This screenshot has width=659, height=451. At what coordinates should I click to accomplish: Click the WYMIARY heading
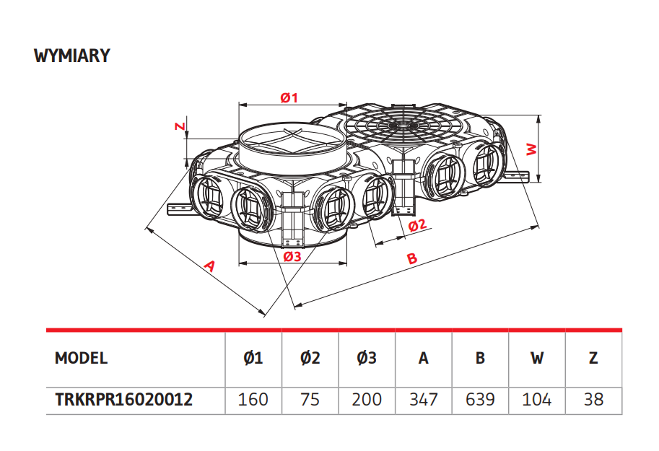coord(72,56)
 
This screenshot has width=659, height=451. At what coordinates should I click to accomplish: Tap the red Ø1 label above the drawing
coord(289,98)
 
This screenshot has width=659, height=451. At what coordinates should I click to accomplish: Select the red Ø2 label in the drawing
coord(417,225)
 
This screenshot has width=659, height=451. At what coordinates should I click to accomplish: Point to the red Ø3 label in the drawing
coord(292,256)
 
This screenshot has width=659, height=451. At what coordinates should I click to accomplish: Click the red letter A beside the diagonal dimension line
coord(209,266)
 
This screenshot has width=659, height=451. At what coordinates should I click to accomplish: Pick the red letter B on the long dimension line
coord(412,258)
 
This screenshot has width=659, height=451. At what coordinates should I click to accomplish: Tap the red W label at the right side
coord(532,149)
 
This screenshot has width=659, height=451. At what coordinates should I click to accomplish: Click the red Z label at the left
coord(180,126)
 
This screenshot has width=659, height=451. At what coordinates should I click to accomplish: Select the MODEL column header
coord(81,358)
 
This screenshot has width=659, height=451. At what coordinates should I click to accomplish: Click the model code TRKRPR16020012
coord(124,399)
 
